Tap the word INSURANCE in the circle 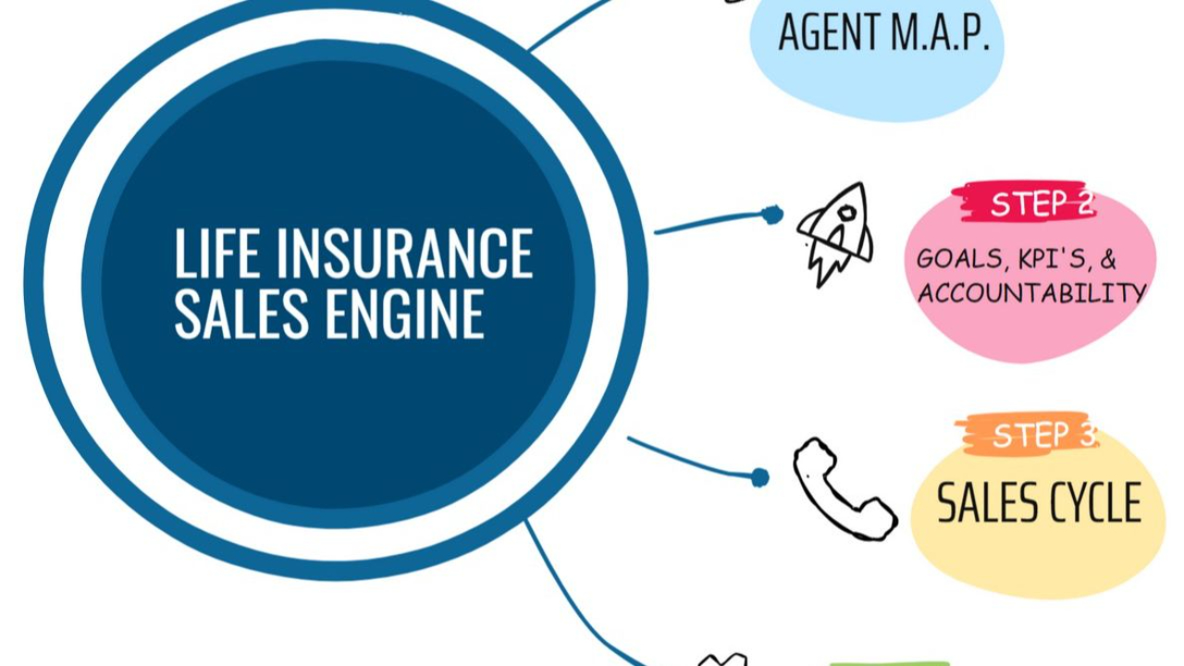(x=405, y=254)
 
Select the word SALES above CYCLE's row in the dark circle (x=241, y=314)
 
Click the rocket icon (x=835, y=232)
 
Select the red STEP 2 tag (x=1027, y=203)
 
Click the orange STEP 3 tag (x=1030, y=434)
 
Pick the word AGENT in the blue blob (x=828, y=32)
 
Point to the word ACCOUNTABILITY (x=1031, y=293)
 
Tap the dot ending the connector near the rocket (x=772, y=215)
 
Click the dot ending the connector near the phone (x=759, y=477)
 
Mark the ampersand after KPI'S (x=1107, y=260)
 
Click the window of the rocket (x=845, y=214)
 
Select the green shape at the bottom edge (x=888, y=662)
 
